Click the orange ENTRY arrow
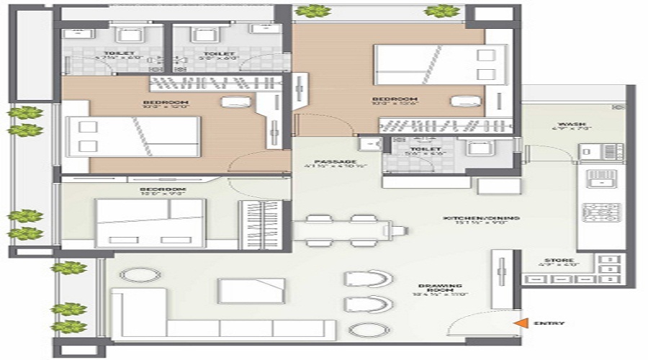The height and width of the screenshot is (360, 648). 518,324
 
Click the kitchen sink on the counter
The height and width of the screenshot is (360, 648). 597,179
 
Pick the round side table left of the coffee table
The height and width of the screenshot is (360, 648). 136,275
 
